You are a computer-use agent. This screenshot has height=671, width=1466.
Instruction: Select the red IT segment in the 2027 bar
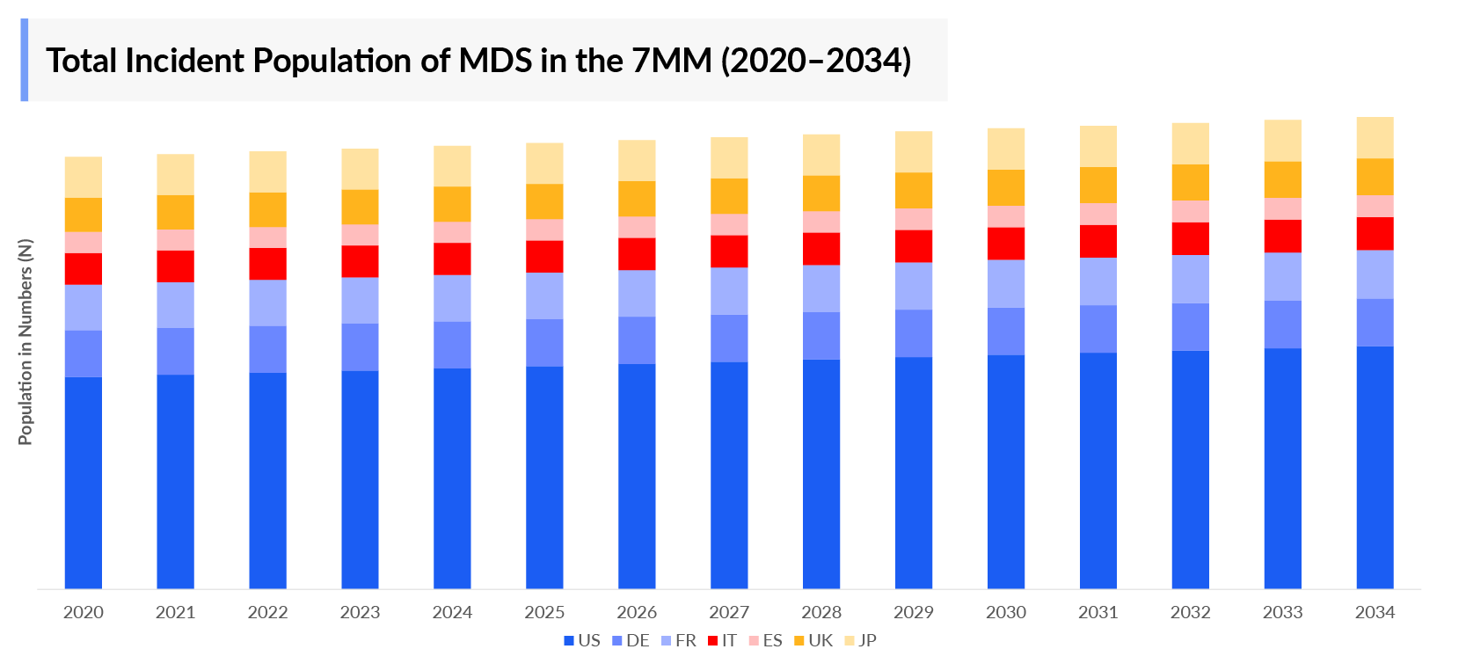729,252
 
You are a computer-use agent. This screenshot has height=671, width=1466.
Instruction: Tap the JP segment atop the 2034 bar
1375,137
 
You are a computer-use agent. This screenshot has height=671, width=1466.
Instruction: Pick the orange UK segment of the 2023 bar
360,207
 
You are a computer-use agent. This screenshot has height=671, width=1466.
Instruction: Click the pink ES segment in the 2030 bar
1006,216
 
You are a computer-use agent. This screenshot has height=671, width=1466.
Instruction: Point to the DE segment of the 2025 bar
544,342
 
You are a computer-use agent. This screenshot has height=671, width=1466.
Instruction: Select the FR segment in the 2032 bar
1190,279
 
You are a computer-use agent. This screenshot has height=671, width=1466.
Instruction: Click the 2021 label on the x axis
175,612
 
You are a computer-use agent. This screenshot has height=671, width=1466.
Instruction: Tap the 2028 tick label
821,612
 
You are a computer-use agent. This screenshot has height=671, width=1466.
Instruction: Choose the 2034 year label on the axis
1375,612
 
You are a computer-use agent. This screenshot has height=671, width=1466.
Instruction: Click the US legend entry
582,640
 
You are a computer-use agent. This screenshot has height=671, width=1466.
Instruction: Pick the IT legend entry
723,640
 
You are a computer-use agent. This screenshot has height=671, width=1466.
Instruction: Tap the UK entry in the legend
813,640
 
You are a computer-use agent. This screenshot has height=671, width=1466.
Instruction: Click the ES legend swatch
754,641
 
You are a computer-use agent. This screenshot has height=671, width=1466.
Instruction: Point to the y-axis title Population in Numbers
26,341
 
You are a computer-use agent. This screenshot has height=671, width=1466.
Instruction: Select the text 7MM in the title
672,61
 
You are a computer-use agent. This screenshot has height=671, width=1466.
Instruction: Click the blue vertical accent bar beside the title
25,60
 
